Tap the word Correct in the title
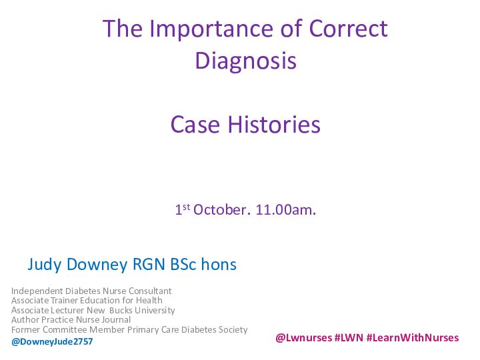click(349, 29)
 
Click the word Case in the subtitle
click(195, 125)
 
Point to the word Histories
click(274, 124)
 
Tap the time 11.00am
click(285, 210)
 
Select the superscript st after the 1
click(187, 207)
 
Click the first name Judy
click(45, 265)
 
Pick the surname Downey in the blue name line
click(97, 265)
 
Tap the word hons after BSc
click(219, 264)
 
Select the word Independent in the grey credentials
click(37, 291)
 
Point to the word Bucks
click(121, 310)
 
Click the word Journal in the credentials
click(116, 320)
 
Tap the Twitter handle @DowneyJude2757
click(52, 341)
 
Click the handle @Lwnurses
click(304, 337)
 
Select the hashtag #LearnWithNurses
click(413, 337)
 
